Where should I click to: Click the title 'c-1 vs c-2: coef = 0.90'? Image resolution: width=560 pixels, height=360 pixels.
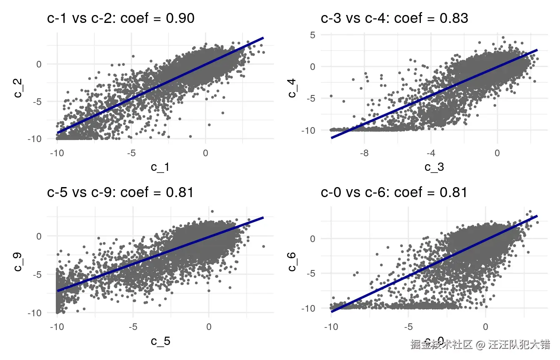(x=120, y=18)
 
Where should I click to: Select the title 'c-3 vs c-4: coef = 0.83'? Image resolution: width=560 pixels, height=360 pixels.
(x=395, y=18)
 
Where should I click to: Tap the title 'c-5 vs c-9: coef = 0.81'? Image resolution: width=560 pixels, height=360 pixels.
(x=120, y=192)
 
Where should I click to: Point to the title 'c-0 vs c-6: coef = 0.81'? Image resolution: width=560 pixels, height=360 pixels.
(x=394, y=192)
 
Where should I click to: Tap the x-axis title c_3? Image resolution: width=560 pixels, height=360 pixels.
(x=434, y=167)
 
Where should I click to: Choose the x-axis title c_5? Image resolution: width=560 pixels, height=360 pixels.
(x=161, y=341)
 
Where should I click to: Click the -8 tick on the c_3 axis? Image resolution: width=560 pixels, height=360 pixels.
(x=364, y=153)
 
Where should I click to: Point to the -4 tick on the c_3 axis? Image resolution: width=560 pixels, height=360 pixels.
(x=430, y=153)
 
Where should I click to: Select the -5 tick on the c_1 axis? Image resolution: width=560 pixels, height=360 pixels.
(x=131, y=153)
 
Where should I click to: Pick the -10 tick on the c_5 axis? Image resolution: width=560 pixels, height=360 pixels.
(x=57, y=327)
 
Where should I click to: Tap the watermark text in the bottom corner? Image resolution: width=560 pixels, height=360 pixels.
(x=480, y=345)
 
